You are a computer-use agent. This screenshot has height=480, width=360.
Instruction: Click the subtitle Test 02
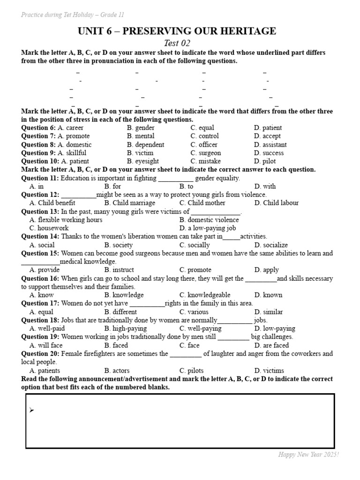[x=177, y=43]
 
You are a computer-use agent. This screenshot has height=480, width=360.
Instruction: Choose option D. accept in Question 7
[x=268, y=136]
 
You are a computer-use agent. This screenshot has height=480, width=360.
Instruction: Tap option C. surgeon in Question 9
[x=205, y=153]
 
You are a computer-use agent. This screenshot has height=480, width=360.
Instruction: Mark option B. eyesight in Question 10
[x=142, y=161]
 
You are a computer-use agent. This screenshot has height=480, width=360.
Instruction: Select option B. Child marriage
[x=129, y=203]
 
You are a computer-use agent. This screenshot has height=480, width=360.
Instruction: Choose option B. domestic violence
[x=209, y=220]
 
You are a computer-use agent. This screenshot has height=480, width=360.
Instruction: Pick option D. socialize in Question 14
[x=271, y=245]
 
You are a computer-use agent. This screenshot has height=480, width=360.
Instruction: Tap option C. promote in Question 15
[x=195, y=270]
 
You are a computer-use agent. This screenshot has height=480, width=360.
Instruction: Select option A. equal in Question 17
[x=41, y=312]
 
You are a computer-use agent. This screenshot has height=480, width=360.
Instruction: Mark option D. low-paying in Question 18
[x=275, y=329]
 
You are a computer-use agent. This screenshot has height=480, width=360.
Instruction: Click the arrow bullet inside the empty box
[x=31, y=411]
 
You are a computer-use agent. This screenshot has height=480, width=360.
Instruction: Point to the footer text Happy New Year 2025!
[x=308, y=455]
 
